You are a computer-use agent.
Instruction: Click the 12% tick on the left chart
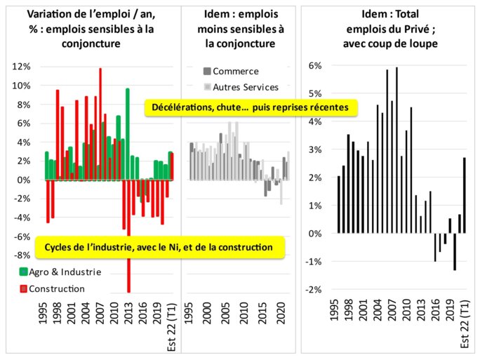(x=20, y=67)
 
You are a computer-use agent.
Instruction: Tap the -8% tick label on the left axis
(x=20, y=255)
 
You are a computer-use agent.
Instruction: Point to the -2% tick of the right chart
(x=313, y=289)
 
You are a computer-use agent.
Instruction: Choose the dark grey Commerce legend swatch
(x=206, y=71)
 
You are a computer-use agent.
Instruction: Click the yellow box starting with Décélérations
(x=251, y=107)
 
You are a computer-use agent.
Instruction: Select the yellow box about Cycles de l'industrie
(x=159, y=247)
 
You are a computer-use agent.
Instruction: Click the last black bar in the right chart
(x=465, y=195)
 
